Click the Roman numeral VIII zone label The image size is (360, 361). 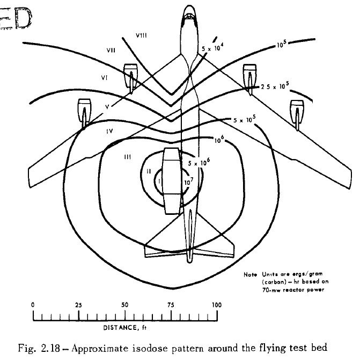(142, 35)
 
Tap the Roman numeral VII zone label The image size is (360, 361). (112, 51)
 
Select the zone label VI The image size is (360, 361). (105, 78)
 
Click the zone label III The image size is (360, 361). (128, 156)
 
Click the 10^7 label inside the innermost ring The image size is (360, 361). (188, 181)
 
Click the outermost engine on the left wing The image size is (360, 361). (85, 111)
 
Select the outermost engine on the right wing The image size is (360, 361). (297, 111)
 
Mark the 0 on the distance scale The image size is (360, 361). (33, 305)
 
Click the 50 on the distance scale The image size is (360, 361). (125, 305)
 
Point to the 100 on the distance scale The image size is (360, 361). (217, 305)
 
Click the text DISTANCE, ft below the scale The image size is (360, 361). (125, 327)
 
